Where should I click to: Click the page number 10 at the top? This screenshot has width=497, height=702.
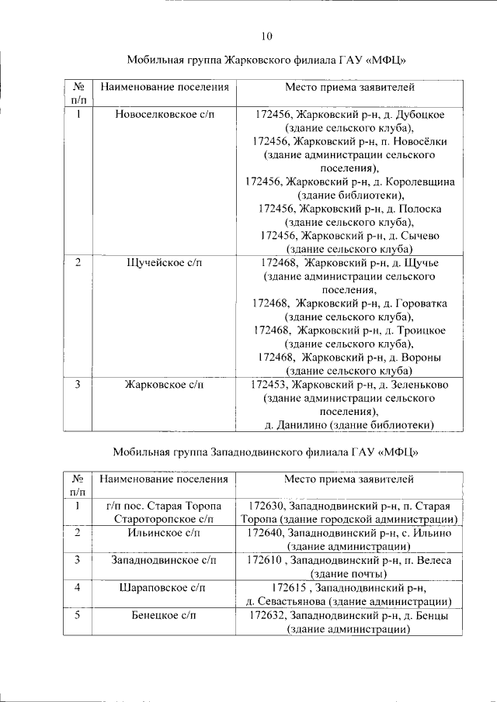tap(266, 36)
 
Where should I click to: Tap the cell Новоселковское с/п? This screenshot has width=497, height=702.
tap(165, 114)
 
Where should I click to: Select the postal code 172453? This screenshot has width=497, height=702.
tap(269, 384)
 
